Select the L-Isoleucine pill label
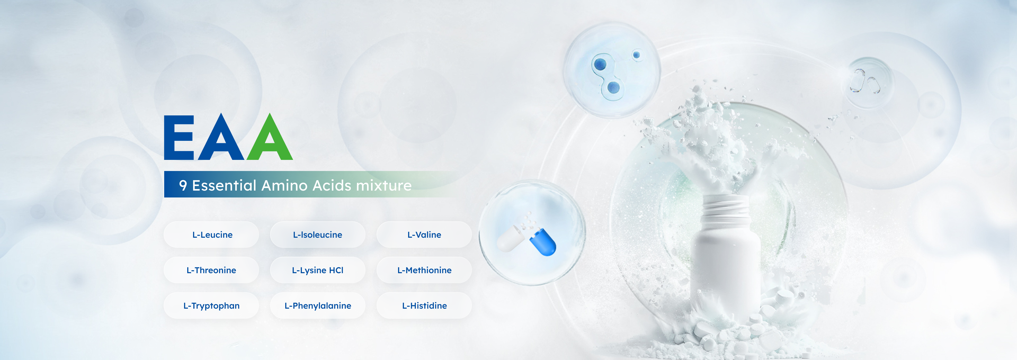point(318,235)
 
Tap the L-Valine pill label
point(424,235)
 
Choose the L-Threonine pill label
point(212,270)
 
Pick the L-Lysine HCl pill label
point(318,270)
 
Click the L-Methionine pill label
point(424,270)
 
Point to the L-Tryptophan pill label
point(212,305)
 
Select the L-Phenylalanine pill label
point(318,305)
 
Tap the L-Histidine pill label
point(424,305)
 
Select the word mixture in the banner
point(384,186)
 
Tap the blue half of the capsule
point(543,242)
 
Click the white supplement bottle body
point(726,272)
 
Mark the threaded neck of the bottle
point(726,210)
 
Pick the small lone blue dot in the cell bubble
point(636,55)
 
